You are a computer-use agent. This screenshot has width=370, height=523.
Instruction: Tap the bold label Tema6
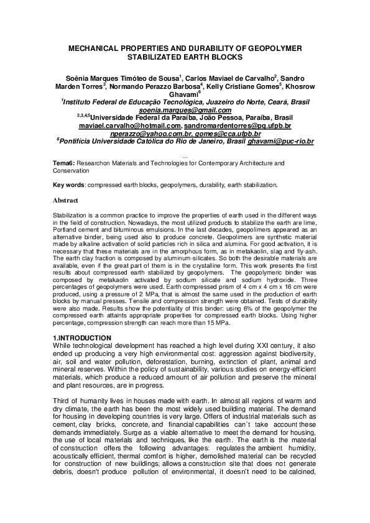[63, 163]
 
